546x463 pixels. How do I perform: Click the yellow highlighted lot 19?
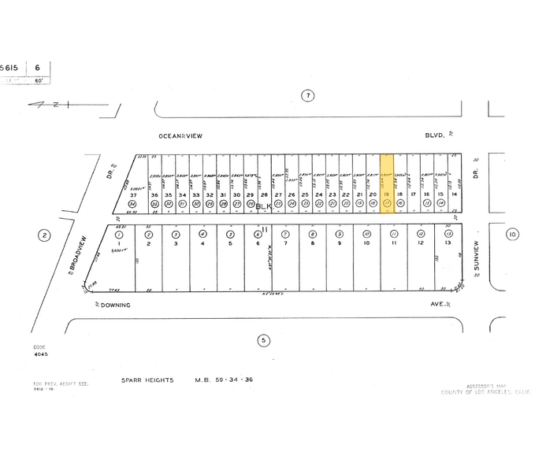point(387,182)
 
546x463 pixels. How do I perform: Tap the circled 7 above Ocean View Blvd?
point(308,96)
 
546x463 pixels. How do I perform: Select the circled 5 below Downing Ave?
point(263,340)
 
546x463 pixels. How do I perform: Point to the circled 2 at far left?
point(44,235)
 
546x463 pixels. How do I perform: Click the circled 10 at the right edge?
point(512,234)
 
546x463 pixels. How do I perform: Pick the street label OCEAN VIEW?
point(180,136)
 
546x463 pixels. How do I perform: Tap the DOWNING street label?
point(114,304)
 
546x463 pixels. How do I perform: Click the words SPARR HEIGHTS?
point(149,380)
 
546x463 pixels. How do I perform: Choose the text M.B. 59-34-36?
point(224,380)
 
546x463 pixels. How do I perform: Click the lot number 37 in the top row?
point(133,194)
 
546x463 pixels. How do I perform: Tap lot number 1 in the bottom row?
point(119,243)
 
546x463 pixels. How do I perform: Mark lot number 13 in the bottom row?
point(448,243)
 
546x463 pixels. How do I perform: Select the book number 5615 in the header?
point(13,69)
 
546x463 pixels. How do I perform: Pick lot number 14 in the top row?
point(453,194)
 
